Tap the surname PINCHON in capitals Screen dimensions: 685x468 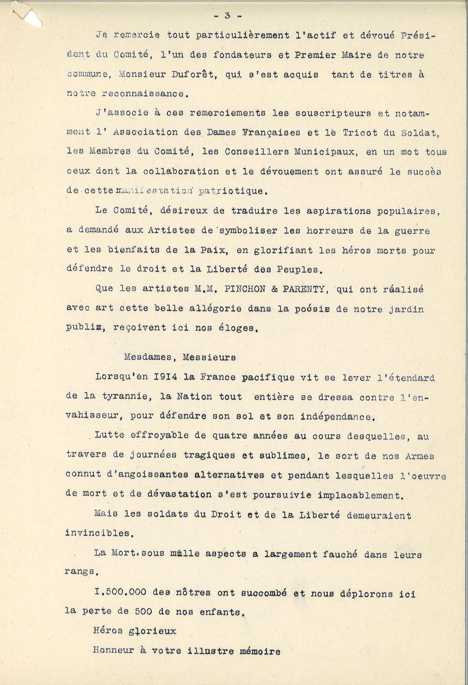click(x=243, y=289)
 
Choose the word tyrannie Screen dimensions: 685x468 click(x=123, y=397)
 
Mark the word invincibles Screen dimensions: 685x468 click(x=96, y=534)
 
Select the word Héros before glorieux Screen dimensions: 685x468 click(x=107, y=631)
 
